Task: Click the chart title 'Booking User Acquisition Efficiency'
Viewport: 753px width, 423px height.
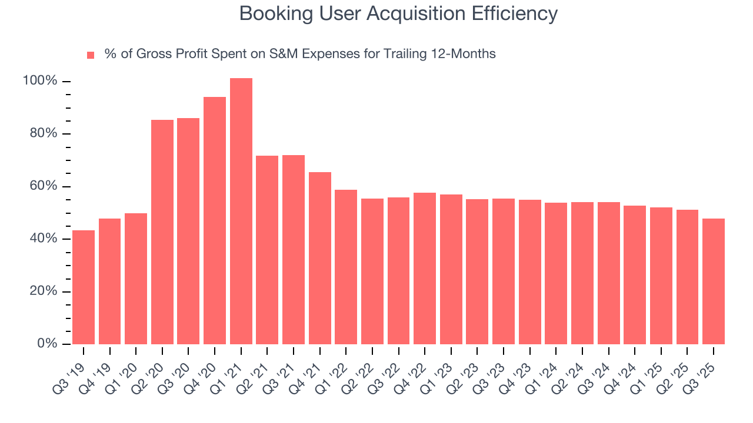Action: (x=398, y=14)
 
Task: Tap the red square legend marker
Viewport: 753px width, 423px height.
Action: (x=91, y=55)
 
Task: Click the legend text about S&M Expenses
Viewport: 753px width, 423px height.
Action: (x=300, y=54)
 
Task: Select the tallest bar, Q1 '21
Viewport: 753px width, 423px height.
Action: (x=241, y=211)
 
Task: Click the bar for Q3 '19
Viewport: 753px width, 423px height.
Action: (x=84, y=287)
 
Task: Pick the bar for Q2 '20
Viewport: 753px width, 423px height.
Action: (x=162, y=232)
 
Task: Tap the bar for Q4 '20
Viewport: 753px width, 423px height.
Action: (x=215, y=220)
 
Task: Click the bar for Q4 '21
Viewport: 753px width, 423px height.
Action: (x=320, y=258)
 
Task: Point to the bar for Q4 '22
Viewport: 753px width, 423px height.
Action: (x=425, y=268)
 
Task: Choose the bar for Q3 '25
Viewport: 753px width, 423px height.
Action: (x=714, y=281)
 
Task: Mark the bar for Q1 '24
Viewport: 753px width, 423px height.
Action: (x=556, y=273)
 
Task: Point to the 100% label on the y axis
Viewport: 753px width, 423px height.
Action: (x=40, y=81)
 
